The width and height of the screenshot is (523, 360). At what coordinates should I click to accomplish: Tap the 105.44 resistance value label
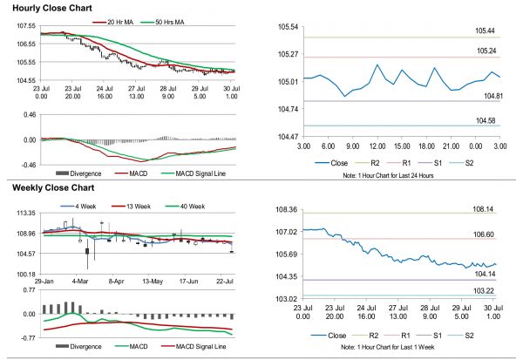486,31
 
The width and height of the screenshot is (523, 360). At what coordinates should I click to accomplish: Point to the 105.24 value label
486,51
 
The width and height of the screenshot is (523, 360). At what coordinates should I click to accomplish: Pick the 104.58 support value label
486,120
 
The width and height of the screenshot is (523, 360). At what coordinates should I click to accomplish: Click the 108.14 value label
486,210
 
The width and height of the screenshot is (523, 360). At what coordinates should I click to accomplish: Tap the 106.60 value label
486,234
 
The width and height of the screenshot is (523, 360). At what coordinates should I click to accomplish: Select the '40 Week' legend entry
192,206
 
